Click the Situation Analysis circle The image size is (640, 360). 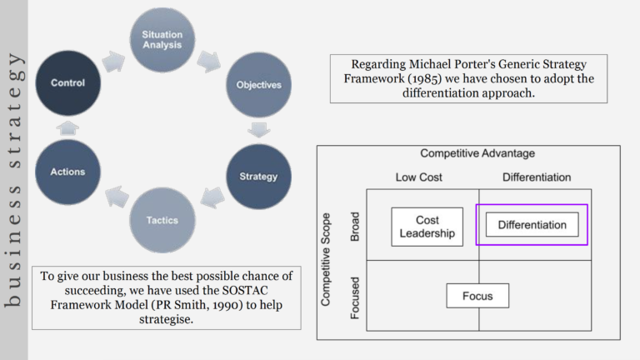click(x=162, y=40)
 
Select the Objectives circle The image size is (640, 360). click(x=259, y=85)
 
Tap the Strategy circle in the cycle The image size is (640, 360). click(x=259, y=177)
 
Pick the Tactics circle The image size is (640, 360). click(x=162, y=220)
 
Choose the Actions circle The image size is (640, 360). click(x=67, y=172)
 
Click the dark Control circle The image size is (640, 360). click(x=67, y=82)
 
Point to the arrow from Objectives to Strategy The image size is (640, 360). click(x=259, y=130)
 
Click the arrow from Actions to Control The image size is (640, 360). click(x=67, y=127)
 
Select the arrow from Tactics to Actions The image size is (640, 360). click(x=117, y=197)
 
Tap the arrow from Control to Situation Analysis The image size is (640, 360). click(x=113, y=62)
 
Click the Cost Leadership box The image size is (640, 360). click(x=427, y=227)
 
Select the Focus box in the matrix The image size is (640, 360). click(x=477, y=296)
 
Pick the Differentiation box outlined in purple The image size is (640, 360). click(x=532, y=224)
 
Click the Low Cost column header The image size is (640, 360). click(x=419, y=177)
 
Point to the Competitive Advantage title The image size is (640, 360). click(x=477, y=153)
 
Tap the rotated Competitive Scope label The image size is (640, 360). click(x=325, y=260)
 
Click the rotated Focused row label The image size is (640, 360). click(x=355, y=298)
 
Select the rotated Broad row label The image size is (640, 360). click(x=355, y=227)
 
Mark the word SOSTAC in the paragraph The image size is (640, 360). click(x=245, y=290)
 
